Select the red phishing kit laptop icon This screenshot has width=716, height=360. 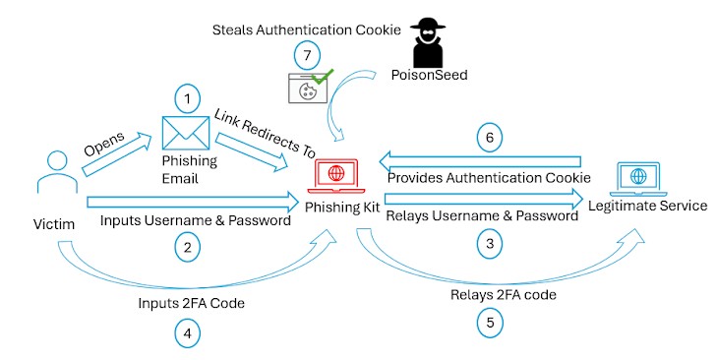334,179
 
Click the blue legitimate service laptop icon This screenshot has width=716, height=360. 640,177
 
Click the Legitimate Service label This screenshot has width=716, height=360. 646,206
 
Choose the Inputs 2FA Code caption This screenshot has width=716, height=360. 192,303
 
